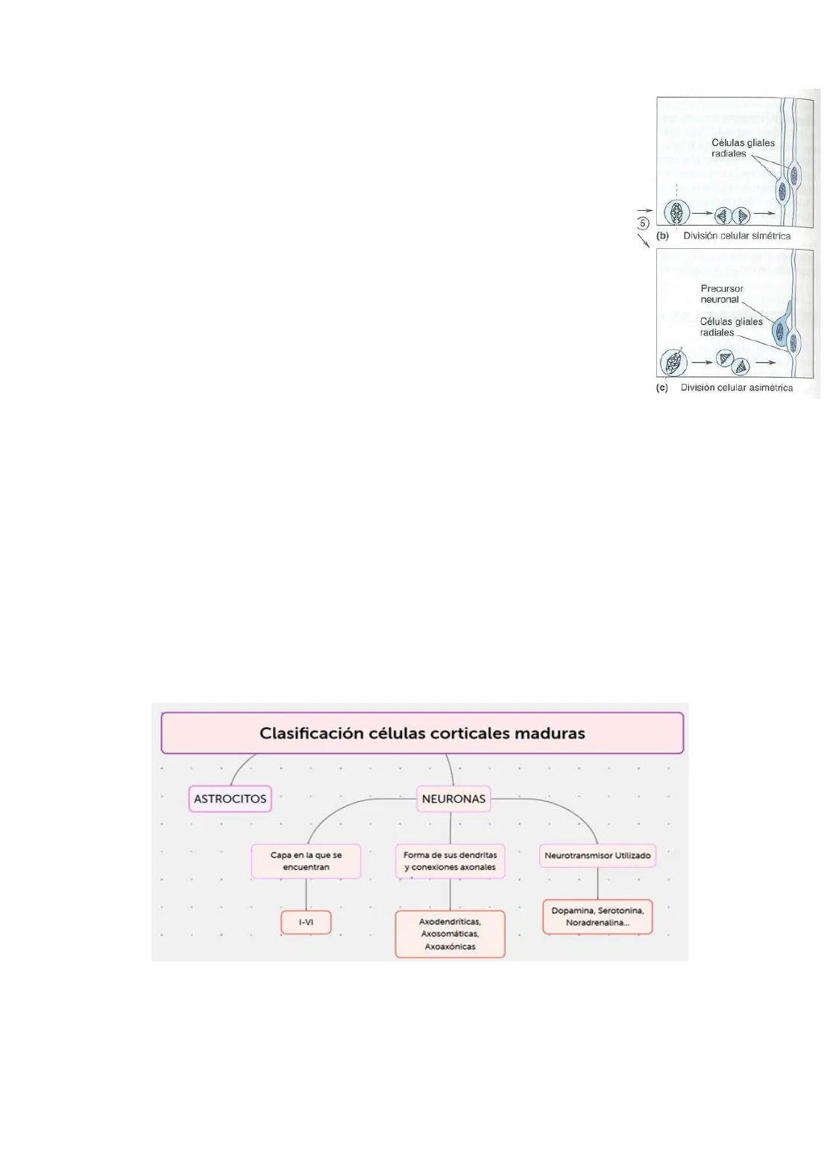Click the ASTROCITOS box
click(x=230, y=798)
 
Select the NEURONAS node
click(x=453, y=798)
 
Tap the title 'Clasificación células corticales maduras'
click(x=422, y=733)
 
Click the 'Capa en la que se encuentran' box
click(x=306, y=861)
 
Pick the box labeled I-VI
click(x=306, y=922)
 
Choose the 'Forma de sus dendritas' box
click(x=450, y=861)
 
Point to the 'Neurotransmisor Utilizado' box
click(x=597, y=856)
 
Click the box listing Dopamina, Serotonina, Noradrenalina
click(x=597, y=917)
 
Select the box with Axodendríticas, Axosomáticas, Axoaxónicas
click(x=450, y=934)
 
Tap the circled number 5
click(x=643, y=223)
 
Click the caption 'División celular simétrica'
click(x=737, y=235)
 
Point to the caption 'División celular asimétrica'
click(x=737, y=388)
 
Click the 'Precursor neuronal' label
click(x=721, y=294)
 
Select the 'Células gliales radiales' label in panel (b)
click(x=742, y=148)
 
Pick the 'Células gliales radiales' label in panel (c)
click(x=731, y=327)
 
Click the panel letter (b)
click(x=662, y=235)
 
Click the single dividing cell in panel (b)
click(x=676, y=213)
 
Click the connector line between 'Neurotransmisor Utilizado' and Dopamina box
click(x=597, y=884)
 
